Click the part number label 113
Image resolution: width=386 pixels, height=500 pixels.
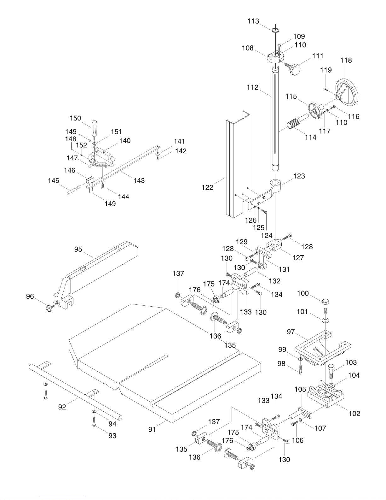point(253,21)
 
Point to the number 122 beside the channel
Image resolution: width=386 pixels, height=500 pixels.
point(207,187)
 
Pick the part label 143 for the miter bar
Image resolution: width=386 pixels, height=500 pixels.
point(139,180)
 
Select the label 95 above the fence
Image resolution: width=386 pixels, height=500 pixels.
point(78,249)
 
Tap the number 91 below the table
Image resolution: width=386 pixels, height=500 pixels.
point(152,429)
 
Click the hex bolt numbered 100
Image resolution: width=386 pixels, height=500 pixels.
point(326,306)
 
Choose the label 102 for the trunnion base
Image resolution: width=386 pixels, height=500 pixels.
point(354,414)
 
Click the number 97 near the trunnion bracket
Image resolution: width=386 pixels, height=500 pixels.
point(291,332)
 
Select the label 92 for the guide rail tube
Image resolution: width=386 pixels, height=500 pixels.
point(62,407)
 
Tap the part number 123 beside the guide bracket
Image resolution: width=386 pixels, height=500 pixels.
point(299,176)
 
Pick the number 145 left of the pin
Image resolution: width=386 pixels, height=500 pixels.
point(54,181)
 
